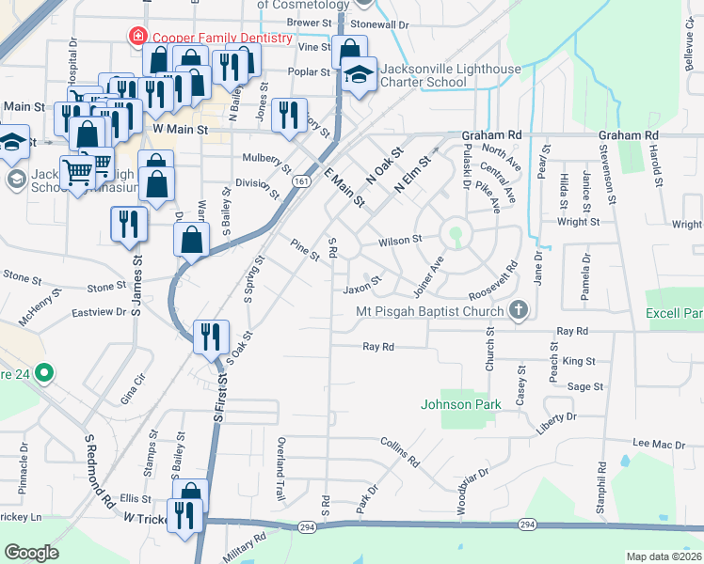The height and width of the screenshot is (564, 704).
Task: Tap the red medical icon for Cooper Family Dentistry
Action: pyautogui.click(x=137, y=37)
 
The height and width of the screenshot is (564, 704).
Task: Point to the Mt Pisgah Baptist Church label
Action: pyautogui.click(x=429, y=312)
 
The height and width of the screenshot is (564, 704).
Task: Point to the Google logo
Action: pyautogui.click(x=31, y=552)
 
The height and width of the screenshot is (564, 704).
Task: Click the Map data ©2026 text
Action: pyautogui.click(x=664, y=556)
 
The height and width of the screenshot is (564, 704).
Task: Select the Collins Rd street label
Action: pyautogui.click(x=399, y=452)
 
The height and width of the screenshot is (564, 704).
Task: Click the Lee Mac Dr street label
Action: pyautogui.click(x=658, y=443)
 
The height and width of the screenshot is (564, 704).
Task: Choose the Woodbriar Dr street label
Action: pyautogui.click(x=472, y=488)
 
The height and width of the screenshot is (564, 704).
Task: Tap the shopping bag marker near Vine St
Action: pyautogui.click(x=349, y=51)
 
